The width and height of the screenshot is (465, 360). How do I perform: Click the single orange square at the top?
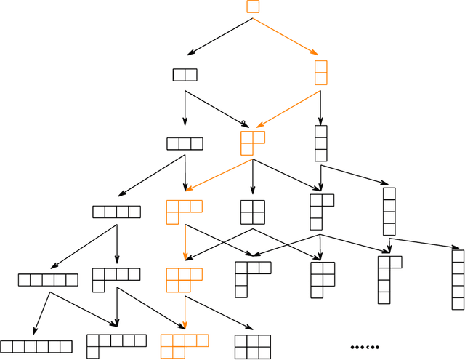tap(253, 7)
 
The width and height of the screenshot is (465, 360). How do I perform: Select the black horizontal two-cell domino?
tap(185, 74)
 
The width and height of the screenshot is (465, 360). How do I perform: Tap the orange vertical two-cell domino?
tap(320, 73)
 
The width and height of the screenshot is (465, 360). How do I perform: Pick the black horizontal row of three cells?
tap(185, 143)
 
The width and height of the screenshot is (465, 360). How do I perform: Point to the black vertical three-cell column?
tap(320, 143)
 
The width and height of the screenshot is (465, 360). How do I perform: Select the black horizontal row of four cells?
tap(116, 212)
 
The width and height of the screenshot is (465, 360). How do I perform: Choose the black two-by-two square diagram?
tap(252, 212)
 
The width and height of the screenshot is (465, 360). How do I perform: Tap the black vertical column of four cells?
tap(389, 211)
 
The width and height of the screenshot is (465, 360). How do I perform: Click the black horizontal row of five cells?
tap(47, 280)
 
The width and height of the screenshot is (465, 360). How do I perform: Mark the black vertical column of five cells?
tap(457, 279)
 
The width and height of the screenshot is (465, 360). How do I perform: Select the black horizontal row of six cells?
tap(36, 346)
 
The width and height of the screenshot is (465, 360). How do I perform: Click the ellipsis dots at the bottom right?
tap(365, 347)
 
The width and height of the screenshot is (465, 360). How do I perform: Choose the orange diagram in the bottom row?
tap(184, 346)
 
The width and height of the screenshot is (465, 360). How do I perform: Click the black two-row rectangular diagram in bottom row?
tap(253, 346)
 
